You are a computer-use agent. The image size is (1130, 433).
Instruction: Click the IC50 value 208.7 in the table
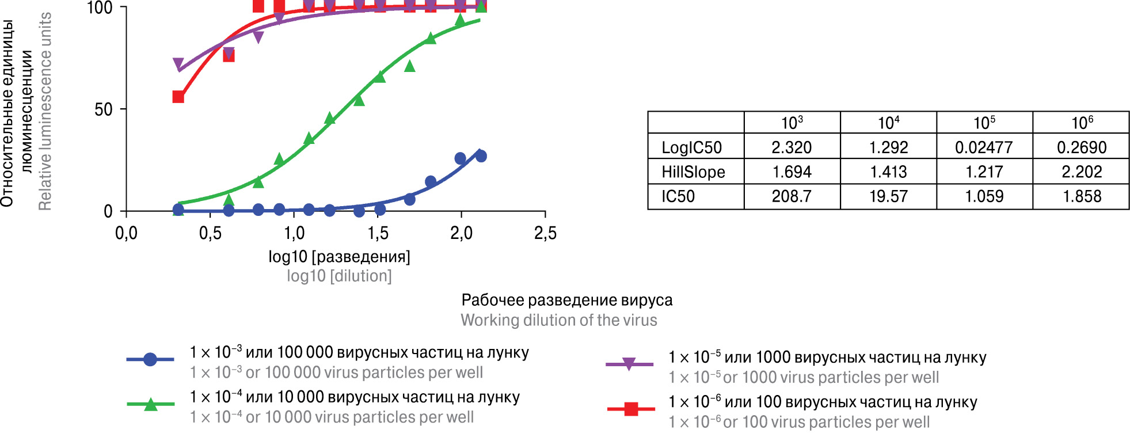(x=792, y=196)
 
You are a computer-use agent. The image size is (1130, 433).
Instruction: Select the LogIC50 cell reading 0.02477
(x=984, y=147)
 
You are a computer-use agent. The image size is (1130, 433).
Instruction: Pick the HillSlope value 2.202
(x=1082, y=172)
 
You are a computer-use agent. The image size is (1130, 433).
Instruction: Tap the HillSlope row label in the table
(x=693, y=172)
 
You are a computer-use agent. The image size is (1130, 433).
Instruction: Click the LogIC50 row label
(x=691, y=147)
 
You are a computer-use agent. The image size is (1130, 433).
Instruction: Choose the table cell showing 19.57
(x=888, y=196)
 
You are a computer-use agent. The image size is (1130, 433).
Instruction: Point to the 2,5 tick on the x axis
(x=545, y=233)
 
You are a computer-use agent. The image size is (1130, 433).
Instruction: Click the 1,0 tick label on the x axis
(x=294, y=233)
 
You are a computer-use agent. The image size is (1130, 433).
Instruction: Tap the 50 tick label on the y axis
(x=104, y=109)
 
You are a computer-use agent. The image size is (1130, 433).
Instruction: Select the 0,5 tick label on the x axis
(x=210, y=233)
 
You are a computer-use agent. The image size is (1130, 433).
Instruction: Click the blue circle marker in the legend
(x=150, y=359)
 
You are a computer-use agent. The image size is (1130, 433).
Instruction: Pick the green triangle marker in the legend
(x=151, y=404)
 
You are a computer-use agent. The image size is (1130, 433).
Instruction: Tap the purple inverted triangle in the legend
(x=629, y=364)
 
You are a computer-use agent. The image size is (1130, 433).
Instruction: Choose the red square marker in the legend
(x=631, y=409)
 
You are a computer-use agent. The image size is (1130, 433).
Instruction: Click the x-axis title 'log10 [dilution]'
(x=339, y=276)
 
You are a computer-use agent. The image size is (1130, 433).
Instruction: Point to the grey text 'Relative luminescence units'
(x=45, y=111)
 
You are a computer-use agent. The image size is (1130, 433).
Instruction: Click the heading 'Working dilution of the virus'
(x=558, y=320)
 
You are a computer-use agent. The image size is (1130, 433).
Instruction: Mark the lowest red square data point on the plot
(x=178, y=97)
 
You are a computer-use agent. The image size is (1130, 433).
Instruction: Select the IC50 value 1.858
(x=1082, y=196)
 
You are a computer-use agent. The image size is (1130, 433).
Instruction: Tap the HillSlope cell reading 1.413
(x=888, y=172)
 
